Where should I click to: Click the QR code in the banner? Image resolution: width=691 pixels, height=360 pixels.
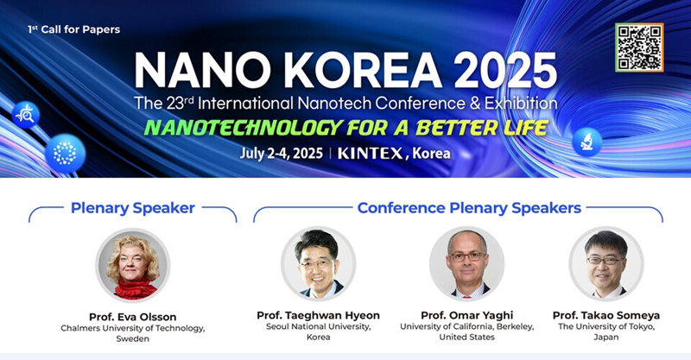tap(639, 47)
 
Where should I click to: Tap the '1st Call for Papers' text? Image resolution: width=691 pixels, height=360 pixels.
tap(73, 29)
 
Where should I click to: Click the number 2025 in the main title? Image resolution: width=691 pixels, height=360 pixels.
tap(505, 71)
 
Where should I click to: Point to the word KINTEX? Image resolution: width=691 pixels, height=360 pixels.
tap(371, 154)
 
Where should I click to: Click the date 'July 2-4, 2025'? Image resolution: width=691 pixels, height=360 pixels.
tap(282, 154)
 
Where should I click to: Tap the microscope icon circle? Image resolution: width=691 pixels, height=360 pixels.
tap(587, 142)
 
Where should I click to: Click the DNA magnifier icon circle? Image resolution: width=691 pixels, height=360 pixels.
tap(26, 115)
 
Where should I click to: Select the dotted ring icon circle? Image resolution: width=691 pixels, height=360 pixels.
tap(66, 154)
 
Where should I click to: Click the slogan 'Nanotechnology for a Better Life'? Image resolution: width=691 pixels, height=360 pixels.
tap(346, 128)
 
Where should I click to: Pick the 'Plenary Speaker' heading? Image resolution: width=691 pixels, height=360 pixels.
tap(133, 208)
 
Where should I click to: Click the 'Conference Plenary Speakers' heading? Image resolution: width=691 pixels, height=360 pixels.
tap(469, 208)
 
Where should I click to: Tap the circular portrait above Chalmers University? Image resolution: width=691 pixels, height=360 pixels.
tap(133, 265)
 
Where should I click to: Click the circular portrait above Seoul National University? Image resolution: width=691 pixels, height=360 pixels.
tap(318, 264)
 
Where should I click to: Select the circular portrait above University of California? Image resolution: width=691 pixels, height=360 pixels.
tap(467, 264)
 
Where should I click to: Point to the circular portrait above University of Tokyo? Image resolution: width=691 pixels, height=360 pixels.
tap(606, 264)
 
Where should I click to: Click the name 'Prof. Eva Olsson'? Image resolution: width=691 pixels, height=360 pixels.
tap(133, 317)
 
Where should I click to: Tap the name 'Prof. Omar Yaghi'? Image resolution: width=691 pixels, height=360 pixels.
tap(467, 315)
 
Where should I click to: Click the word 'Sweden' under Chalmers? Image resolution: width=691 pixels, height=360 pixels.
tap(133, 339)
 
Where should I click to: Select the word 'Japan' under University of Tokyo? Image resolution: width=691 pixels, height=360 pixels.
tap(606, 337)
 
